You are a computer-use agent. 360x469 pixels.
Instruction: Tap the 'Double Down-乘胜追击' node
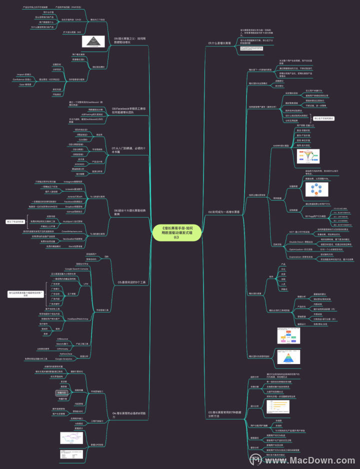289,240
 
